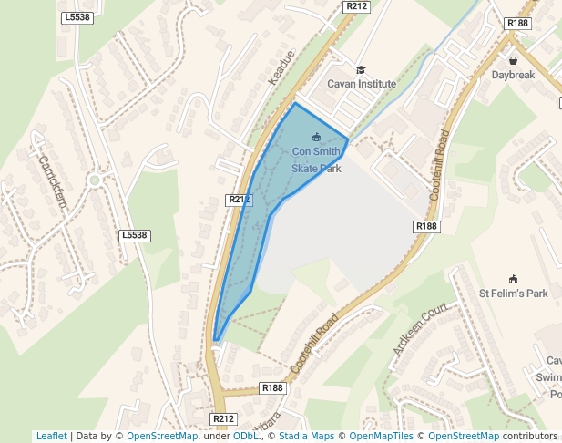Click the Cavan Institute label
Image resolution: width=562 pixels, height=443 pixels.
[363, 84]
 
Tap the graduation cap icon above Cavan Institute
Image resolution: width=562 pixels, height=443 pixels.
[361, 70]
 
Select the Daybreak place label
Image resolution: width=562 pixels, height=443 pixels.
[514, 75]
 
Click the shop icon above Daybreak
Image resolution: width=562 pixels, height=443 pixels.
[514, 60]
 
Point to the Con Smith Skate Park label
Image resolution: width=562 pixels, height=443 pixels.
[316, 160]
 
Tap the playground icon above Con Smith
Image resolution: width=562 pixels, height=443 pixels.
[316, 138]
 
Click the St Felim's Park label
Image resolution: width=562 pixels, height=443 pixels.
[514, 294]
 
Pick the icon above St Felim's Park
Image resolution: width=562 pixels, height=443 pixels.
[513, 279]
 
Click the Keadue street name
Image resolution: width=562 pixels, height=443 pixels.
[281, 68]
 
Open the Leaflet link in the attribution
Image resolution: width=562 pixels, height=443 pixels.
[51, 436]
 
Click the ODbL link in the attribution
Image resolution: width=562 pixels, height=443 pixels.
[246, 436]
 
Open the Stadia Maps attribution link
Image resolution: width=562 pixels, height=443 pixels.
[306, 436]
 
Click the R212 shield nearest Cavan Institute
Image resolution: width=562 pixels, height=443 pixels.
[356, 6]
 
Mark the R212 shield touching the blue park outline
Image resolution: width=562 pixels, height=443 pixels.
[238, 200]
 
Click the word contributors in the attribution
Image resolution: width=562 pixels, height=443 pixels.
[529, 436]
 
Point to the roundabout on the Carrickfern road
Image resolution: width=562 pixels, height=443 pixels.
[94, 180]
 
